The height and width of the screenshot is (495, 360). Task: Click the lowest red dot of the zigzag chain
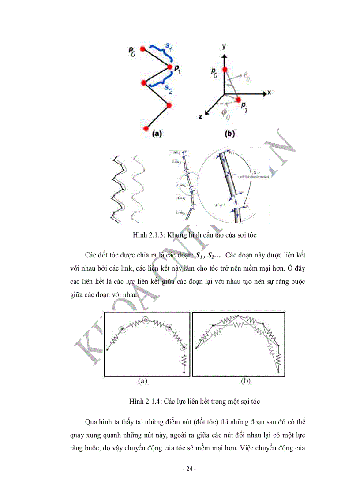[x=146, y=128]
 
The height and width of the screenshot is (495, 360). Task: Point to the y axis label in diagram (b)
[x=225, y=46]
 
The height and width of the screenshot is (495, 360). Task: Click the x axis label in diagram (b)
[x=268, y=93]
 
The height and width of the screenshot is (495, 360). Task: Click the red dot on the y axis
[x=225, y=70]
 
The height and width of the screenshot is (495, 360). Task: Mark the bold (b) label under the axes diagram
[x=229, y=134]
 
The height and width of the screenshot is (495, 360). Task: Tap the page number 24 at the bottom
[x=189, y=469]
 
